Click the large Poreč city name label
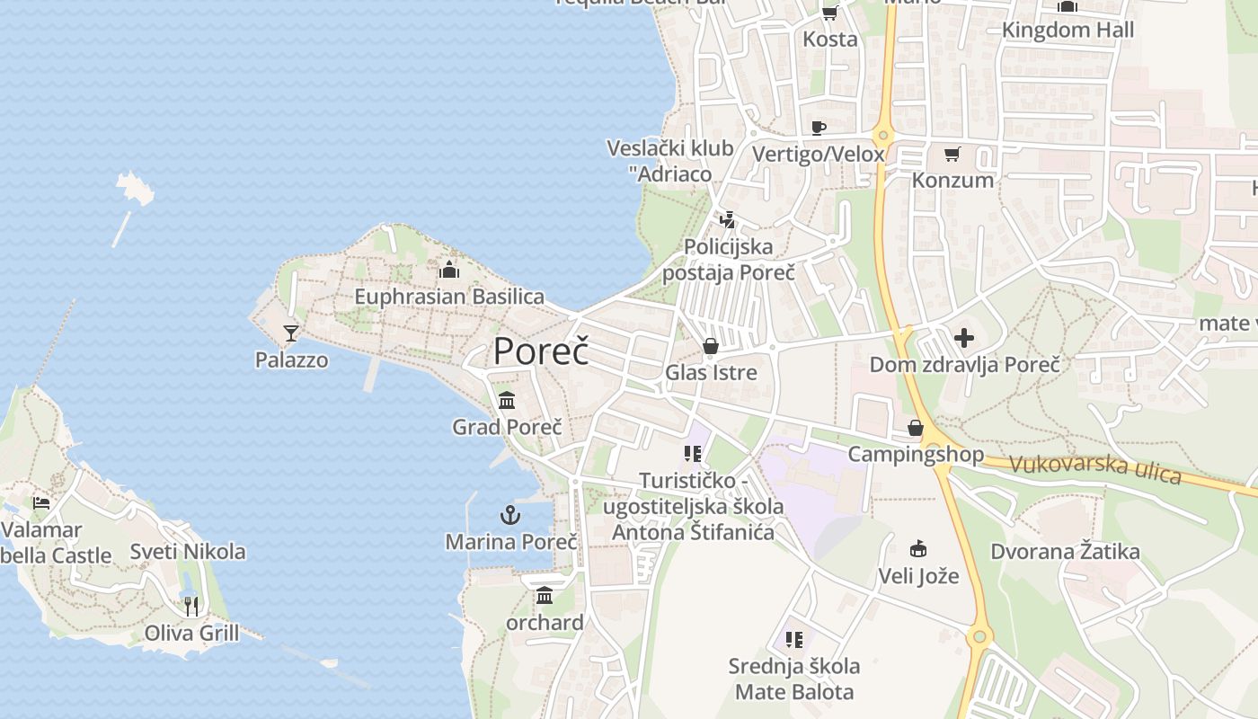(x=541, y=351)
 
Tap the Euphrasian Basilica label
(x=449, y=297)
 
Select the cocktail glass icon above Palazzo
(x=290, y=333)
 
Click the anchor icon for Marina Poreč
(x=510, y=515)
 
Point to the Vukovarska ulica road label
(x=1094, y=468)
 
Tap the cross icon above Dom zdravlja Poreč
(x=964, y=338)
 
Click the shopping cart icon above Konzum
(x=952, y=154)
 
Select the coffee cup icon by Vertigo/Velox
(x=818, y=128)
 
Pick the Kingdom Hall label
(x=1068, y=30)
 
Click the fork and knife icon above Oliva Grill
(x=191, y=606)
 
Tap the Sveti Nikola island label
(x=188, y=551)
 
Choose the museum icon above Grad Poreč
(x=507, y=400)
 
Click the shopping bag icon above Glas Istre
(x=711, y=346)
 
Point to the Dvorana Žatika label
(x=1065, y=551)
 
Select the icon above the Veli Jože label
(x=918, y=548)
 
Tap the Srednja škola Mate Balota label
(x=794, y=679)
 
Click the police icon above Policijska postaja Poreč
(x=728, y=219)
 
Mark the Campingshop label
(x=916, y=454)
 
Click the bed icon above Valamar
(x=41, y=502)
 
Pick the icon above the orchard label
(x=545, y=595)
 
